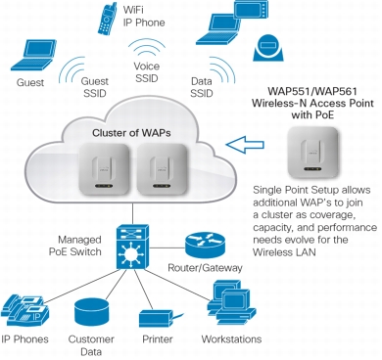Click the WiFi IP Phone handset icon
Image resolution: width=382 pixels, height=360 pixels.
pyautogui.click(x=108, y=19)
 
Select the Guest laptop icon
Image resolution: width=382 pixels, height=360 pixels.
pyautogui.click(x=33, y=55)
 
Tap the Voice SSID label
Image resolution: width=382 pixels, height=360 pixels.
pyautogui.click(x=147, y=72)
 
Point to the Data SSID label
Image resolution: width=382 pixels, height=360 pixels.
pyautogui.click(x=202, y=87)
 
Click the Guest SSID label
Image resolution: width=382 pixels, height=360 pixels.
pyautogui.click(x=95, y=87)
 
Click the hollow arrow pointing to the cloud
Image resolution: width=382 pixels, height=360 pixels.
pyautogui.click(x=245, y=144)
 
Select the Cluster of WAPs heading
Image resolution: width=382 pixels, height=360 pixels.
pyautogui.click(x=131, y=133)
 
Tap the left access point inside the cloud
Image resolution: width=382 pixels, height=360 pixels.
pyautogui.click(x=104, y=169)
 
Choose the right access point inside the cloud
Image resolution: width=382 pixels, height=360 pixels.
pyautogui.click(x=163, y=169)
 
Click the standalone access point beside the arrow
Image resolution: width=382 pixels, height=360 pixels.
pyautogui.click(x=312, y=153)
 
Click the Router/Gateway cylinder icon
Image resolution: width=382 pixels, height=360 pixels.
pyautogui.click(x=205, y=246)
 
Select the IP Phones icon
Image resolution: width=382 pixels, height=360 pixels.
pyautogui.click(x=24, y=311)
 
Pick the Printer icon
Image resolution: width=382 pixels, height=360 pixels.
pyautogui.click(x=161, y=317)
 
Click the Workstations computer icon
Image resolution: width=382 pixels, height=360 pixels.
pyautogui.click(x=232, y=302)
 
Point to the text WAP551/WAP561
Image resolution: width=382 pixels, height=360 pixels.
pyautogui.click(x=312, y=91)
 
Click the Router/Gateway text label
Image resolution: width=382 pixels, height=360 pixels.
pyautogui.click(x=205, y=268)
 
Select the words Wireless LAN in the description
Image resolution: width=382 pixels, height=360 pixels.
pyautogui.click(x=284, y=252)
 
